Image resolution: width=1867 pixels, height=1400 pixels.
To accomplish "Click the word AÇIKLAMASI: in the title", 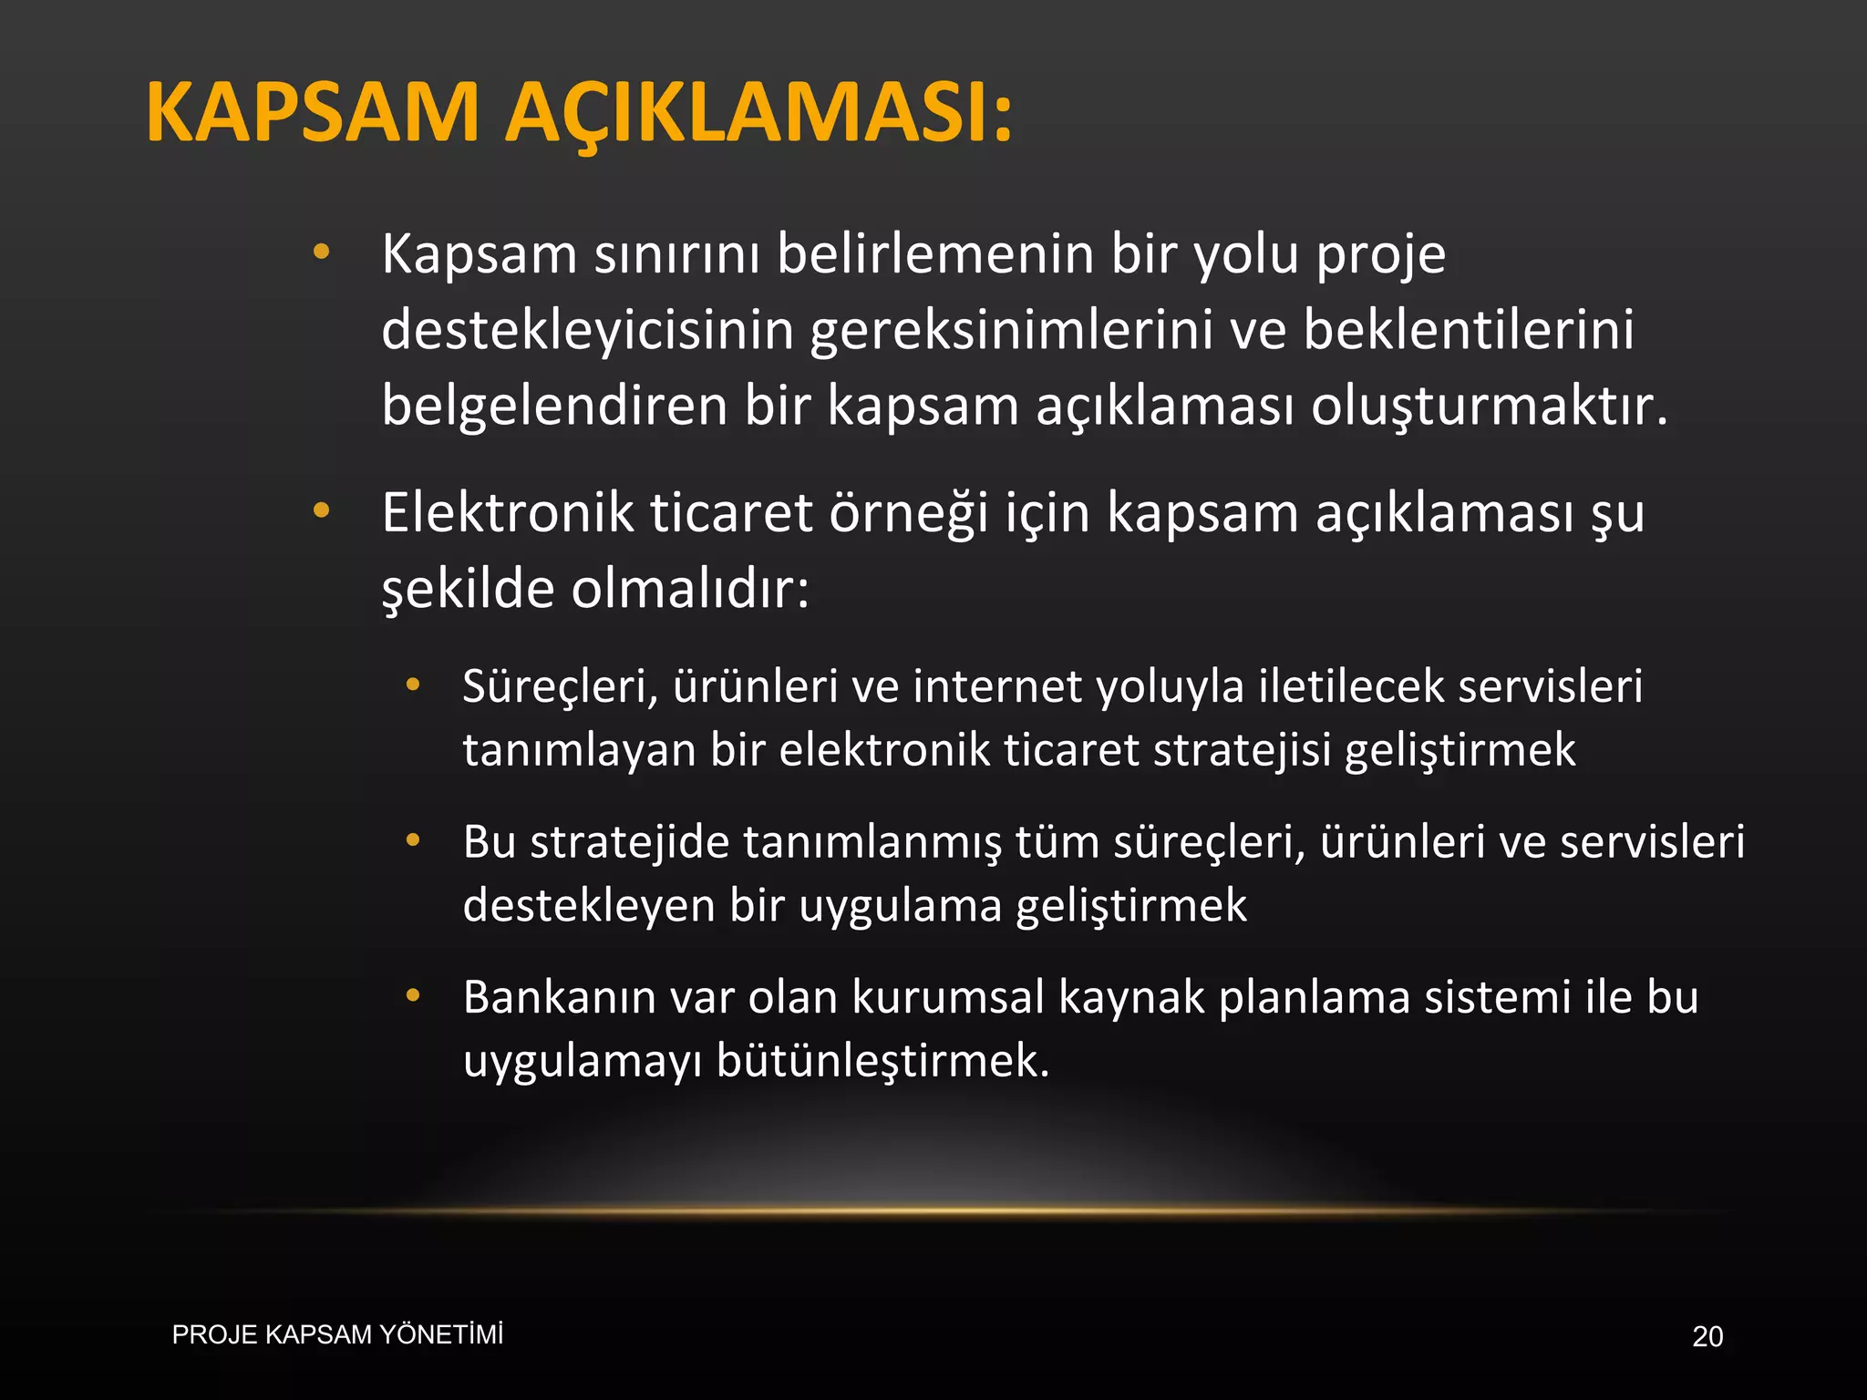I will [x=758, y=113].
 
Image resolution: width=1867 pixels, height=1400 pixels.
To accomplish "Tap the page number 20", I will [x=1707, y=1336].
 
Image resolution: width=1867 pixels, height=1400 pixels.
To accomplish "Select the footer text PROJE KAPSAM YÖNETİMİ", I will [x=337, y=1334].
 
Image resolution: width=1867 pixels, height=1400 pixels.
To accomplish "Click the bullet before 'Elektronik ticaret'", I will [x=321, y=510].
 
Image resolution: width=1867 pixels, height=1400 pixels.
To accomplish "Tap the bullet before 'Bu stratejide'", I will [x=413, y=839].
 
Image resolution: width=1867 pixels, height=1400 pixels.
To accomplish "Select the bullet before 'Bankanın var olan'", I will [x=413, y=995].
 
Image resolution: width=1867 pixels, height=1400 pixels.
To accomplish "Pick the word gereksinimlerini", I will [x=1011, y=330].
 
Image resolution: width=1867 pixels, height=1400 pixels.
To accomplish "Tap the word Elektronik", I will [x=507, y=512].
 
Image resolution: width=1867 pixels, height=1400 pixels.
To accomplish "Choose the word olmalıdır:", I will [x=690, y=589].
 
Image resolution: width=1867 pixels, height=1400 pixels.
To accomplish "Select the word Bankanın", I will [x=558, y=997].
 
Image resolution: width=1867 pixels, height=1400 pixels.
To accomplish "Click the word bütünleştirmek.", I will [x=883, y=1061].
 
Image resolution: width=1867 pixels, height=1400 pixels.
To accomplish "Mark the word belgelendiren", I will [x=554, y=406].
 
